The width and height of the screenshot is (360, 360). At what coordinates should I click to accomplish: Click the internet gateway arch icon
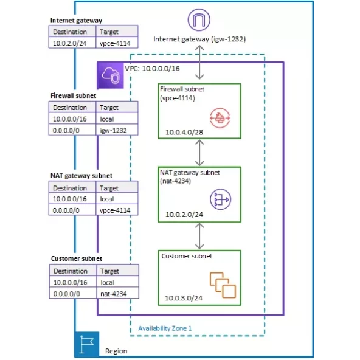(x=199, y=20)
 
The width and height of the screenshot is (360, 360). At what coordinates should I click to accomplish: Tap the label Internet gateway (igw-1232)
(x=199, y=39)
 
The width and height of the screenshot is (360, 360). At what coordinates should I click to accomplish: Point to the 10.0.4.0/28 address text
(x=184, y=132)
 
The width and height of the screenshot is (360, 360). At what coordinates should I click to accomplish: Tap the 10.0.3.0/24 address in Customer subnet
(x=184, y=298)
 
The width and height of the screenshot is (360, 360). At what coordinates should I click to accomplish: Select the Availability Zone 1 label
(x=165, y=328)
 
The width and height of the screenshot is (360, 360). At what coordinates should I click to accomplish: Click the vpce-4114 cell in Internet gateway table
(x=116, y=43)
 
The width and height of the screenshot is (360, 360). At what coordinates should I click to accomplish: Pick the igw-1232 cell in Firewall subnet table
(x=116, y=130)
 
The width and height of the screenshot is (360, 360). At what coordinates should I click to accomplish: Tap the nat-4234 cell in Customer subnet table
(x=116, y=293)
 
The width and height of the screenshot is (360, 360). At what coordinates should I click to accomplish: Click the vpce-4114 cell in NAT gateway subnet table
(x=116, y=210)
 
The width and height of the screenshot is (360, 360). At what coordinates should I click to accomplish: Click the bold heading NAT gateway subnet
(x=81, y=176)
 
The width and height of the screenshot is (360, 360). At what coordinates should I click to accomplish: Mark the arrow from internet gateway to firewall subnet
(x=199, y=64)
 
